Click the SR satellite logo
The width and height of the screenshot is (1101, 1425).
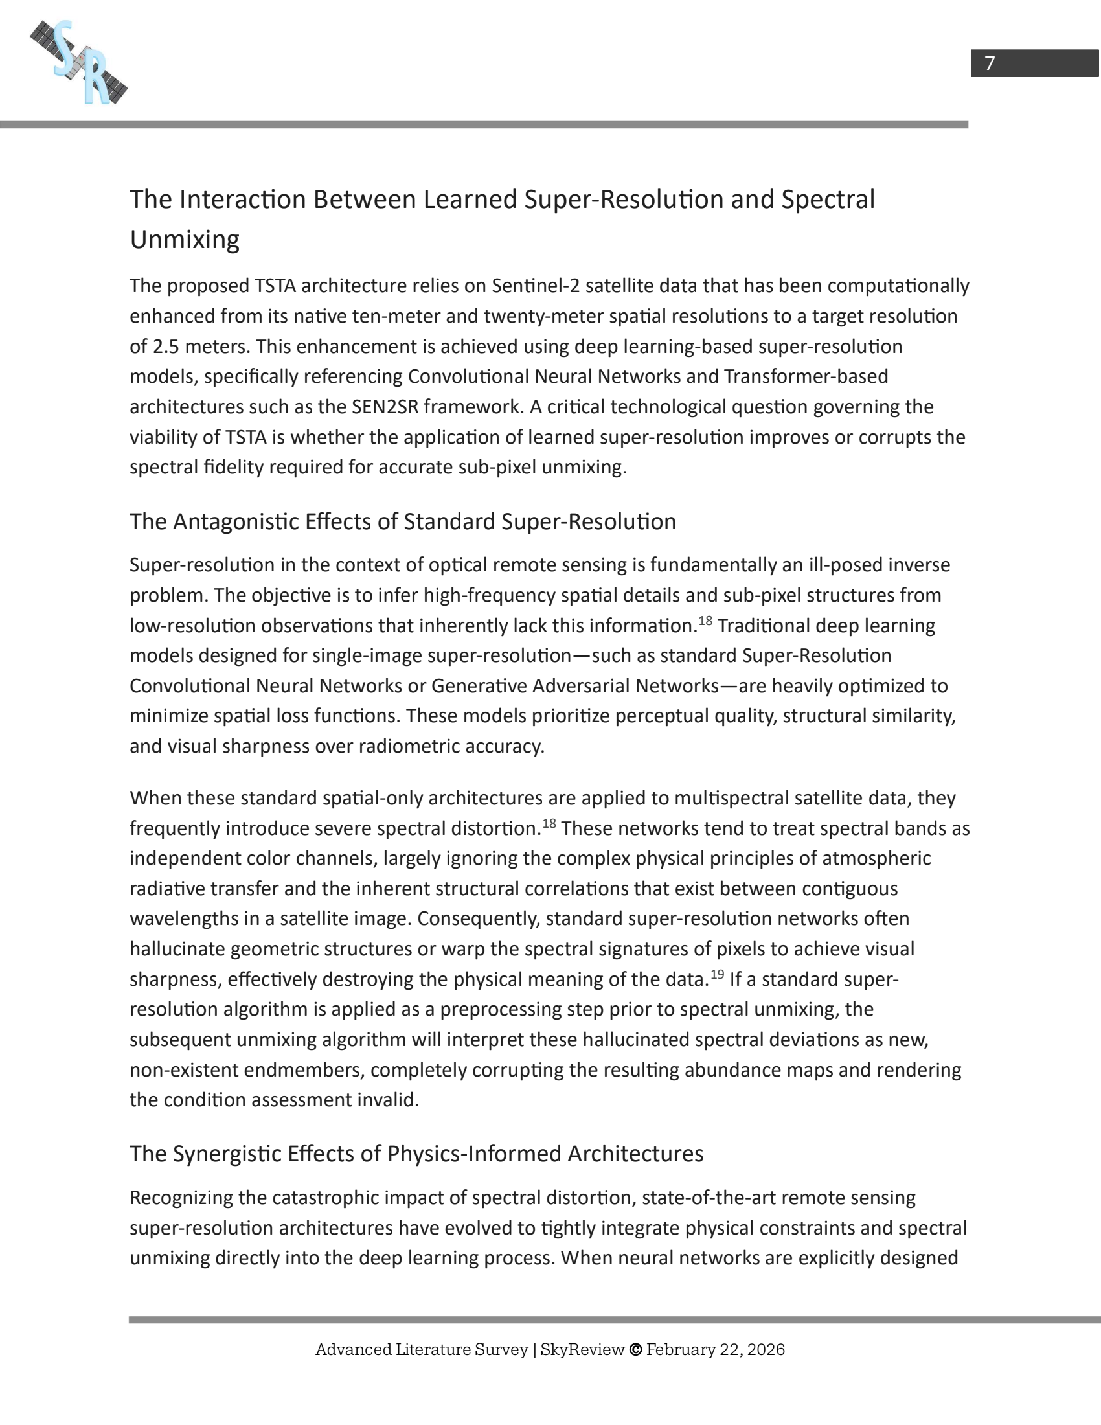pos(79,63)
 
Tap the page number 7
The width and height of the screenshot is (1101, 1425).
pos(990,63)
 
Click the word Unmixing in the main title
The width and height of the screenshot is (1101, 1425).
pos(185,240)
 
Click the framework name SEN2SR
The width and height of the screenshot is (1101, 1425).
pos(384,407)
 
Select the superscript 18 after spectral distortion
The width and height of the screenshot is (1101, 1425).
pos(549,823)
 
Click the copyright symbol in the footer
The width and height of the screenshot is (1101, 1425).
pos(635,1350)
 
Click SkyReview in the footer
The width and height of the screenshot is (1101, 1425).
pos(582,1350)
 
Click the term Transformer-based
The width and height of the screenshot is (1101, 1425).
pos(806,376)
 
